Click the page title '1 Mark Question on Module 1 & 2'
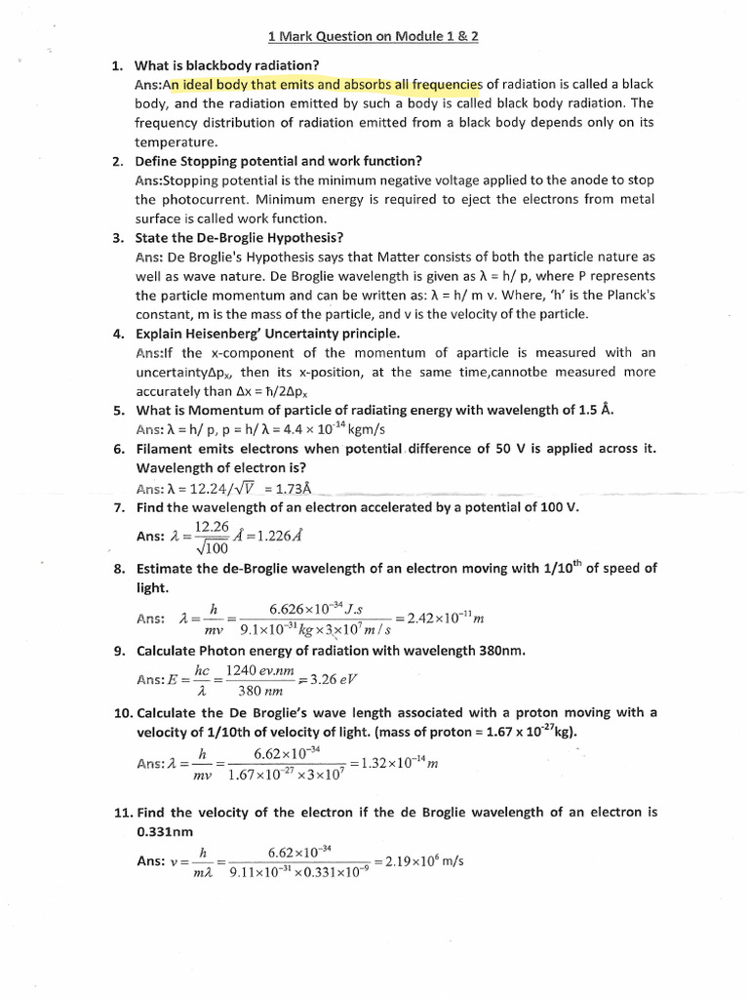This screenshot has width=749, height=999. pos(374,37)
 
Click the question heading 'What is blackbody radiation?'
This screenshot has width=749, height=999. pos(219,65)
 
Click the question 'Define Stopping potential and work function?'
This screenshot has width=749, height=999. pos(278,161)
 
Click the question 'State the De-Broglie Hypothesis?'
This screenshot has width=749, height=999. pos(239,238)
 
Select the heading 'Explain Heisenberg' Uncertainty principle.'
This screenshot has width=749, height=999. pos(267,334)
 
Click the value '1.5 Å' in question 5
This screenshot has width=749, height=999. pos(596,410)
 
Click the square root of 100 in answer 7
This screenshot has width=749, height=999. pos(212,547)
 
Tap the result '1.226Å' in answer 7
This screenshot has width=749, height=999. pos(274,536)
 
